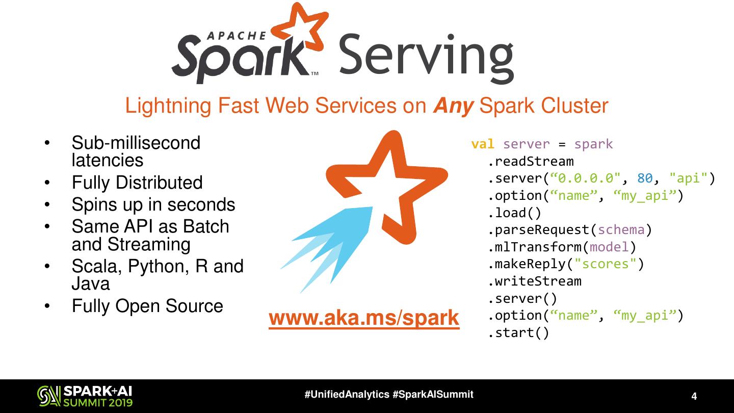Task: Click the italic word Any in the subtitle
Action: point(454,106)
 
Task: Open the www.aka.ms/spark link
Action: point(364,318)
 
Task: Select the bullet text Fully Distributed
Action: point(137,183)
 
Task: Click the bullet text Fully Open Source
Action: point(147,306)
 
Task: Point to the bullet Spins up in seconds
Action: point(153,204)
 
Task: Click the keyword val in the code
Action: point(483,144)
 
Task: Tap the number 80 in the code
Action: point(645,178)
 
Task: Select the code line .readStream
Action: point(531,162)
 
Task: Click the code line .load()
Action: point(515,213)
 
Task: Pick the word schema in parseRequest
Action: point(621,230)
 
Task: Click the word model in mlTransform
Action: point(610,247)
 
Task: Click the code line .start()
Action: point(518,333)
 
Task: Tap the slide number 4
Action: point(694,397)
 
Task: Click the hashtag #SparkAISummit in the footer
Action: point(433,395)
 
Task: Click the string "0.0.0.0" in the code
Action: point(586,178)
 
